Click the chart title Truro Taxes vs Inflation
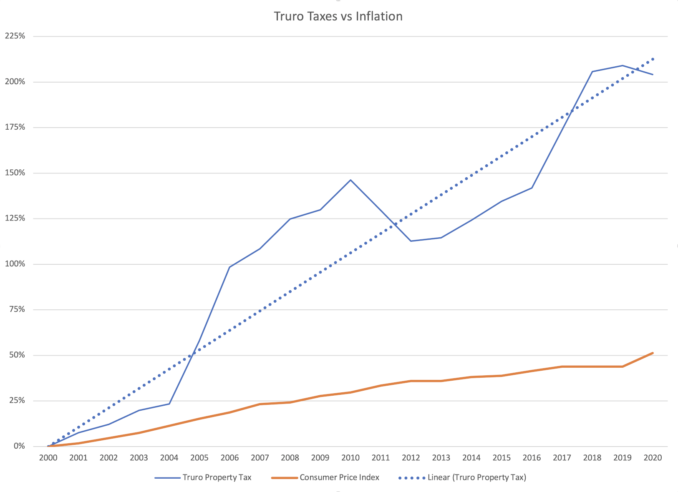point(338,16)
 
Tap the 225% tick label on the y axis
point(15,36)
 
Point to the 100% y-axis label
point(15,264)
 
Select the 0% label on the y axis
point(19,446)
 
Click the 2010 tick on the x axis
point(350,458)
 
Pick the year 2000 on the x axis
point(48,458)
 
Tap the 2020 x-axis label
point(653,458)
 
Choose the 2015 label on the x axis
point(502,458)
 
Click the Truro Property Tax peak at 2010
point(350,180)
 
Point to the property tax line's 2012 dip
point(411,241)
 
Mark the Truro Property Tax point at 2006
point(229,267)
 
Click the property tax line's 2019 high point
point(623,65)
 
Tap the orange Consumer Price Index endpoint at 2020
point(653,353)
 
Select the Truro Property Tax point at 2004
point(169,404)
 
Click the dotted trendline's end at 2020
point(653,59)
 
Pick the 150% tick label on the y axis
point(15,173)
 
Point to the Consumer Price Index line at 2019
point(623,366)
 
